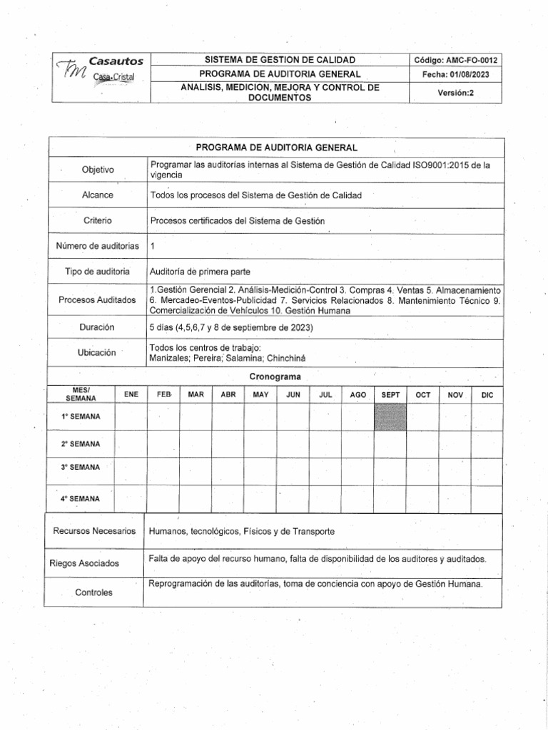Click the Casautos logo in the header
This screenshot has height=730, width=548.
coord(97,69)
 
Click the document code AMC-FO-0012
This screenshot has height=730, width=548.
coord(456,60)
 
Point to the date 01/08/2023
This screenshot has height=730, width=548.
coord(456,75)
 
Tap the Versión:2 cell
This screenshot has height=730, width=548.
coord(455,93)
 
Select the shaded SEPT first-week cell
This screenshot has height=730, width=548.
coord(390,416)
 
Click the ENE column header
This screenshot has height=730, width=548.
coord(131,394)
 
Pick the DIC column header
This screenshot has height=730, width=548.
coord(487,394)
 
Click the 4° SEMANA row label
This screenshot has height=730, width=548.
coord(81,498)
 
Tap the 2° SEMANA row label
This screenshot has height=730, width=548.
coord(81,443)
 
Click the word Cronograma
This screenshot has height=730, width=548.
coord(275,376)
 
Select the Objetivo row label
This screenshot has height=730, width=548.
coord(98,170)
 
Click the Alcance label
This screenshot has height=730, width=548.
coord(98,195)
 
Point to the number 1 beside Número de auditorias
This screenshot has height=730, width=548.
coord(153,246)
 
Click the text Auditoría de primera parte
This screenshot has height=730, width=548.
coord(201,272)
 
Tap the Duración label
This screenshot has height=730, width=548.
coord(98,327)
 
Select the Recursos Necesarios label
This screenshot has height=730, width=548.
coord(94,531)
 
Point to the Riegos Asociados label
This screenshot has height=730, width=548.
coord(85,563)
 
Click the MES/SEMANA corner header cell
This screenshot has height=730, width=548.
coord(81,394)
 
